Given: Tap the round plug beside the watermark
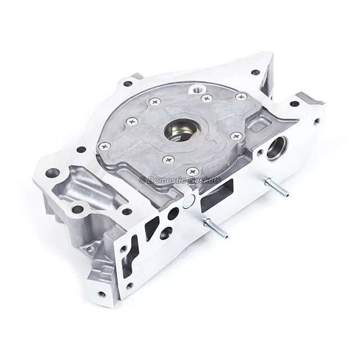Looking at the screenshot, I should click(190, 198).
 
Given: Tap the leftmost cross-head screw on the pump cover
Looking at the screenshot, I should click(104, 146).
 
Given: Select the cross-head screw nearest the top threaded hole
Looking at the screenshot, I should click(206, 98).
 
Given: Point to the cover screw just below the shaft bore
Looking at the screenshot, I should click(168, 159).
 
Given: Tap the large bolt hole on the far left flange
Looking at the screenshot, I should click(52, 173).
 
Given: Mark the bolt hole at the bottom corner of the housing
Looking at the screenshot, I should click(101, 294).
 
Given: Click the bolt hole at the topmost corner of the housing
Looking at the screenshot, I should click(255, 72).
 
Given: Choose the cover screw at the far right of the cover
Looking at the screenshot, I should click(241, 97).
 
